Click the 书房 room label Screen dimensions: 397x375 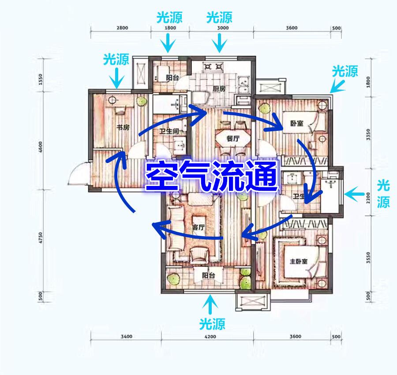point(123,127)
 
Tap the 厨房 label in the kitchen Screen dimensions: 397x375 point(219,89)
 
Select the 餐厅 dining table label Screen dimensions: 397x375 point(233,138)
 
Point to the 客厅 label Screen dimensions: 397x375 point(198,227)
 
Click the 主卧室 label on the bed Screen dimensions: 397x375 point(299,261)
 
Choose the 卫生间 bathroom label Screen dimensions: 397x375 point(169,131)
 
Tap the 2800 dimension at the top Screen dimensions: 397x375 point(122,28)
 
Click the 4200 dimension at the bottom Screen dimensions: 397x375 point(210,336)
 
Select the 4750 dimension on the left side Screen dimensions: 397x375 point(41,238)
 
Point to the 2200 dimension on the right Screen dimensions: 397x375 point(368,198)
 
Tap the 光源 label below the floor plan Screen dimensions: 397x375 point(212,324)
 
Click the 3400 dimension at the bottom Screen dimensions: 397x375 point(126,336)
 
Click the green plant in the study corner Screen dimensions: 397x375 point(142,102)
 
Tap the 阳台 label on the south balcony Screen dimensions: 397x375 point(208,275)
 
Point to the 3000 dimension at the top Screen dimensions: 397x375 point(223,28)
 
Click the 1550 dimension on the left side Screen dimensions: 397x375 point(41,79)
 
